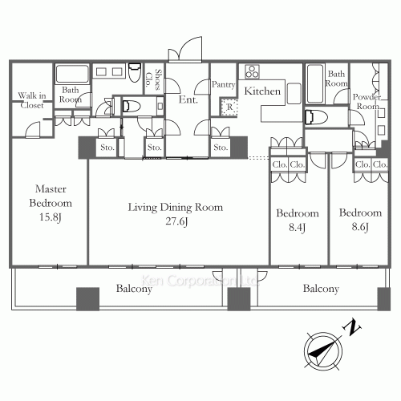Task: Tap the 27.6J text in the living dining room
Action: tap(176, 221)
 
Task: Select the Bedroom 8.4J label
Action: tap(298, 220)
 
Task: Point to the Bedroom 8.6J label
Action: tap(360, 220)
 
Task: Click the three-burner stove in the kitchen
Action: tap(252, 71)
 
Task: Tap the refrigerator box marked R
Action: tap(229, 107)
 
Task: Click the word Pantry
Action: tap(223, 84)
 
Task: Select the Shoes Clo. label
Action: tap(153, 79)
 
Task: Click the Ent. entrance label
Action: tap(188, 99)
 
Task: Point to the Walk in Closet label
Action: tap(32, 100)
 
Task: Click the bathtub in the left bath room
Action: tap(72, 74)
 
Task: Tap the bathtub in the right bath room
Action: tap(315, 84)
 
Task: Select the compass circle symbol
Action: tap(323, 351)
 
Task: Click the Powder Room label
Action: tap(367, 101)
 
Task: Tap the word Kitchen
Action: tap(262, 91)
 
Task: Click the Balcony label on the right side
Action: tap(321, 289)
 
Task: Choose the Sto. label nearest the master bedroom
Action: tap(107, 148)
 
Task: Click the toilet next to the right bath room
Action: tap(316, 117)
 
